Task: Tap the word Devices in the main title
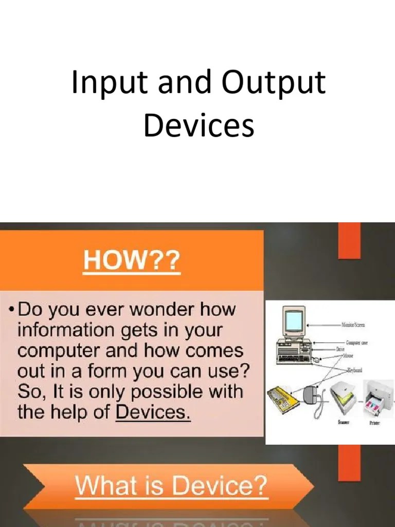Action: point(199,126)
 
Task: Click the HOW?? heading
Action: point(132,262)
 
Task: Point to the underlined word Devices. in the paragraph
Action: point(153,412)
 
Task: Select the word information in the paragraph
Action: point(66,331)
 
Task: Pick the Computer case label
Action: point(356,343)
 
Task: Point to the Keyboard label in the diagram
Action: point(355,370)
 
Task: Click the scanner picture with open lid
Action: point(344,400)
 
